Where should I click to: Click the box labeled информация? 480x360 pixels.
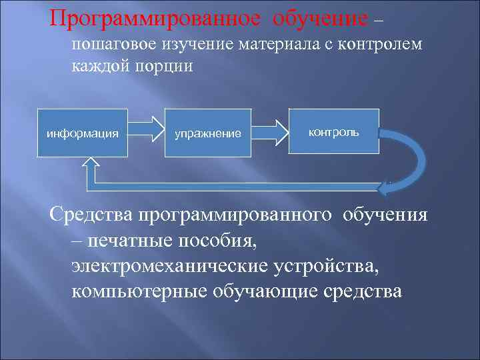pyautogui.click(x=83, y=133)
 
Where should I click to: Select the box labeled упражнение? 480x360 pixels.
pyautogui.click(x=208, y=133)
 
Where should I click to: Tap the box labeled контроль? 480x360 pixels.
pyautogui.click(x=333, y=131)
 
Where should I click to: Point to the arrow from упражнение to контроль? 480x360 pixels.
pyautogui.click(x=270, y=125)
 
